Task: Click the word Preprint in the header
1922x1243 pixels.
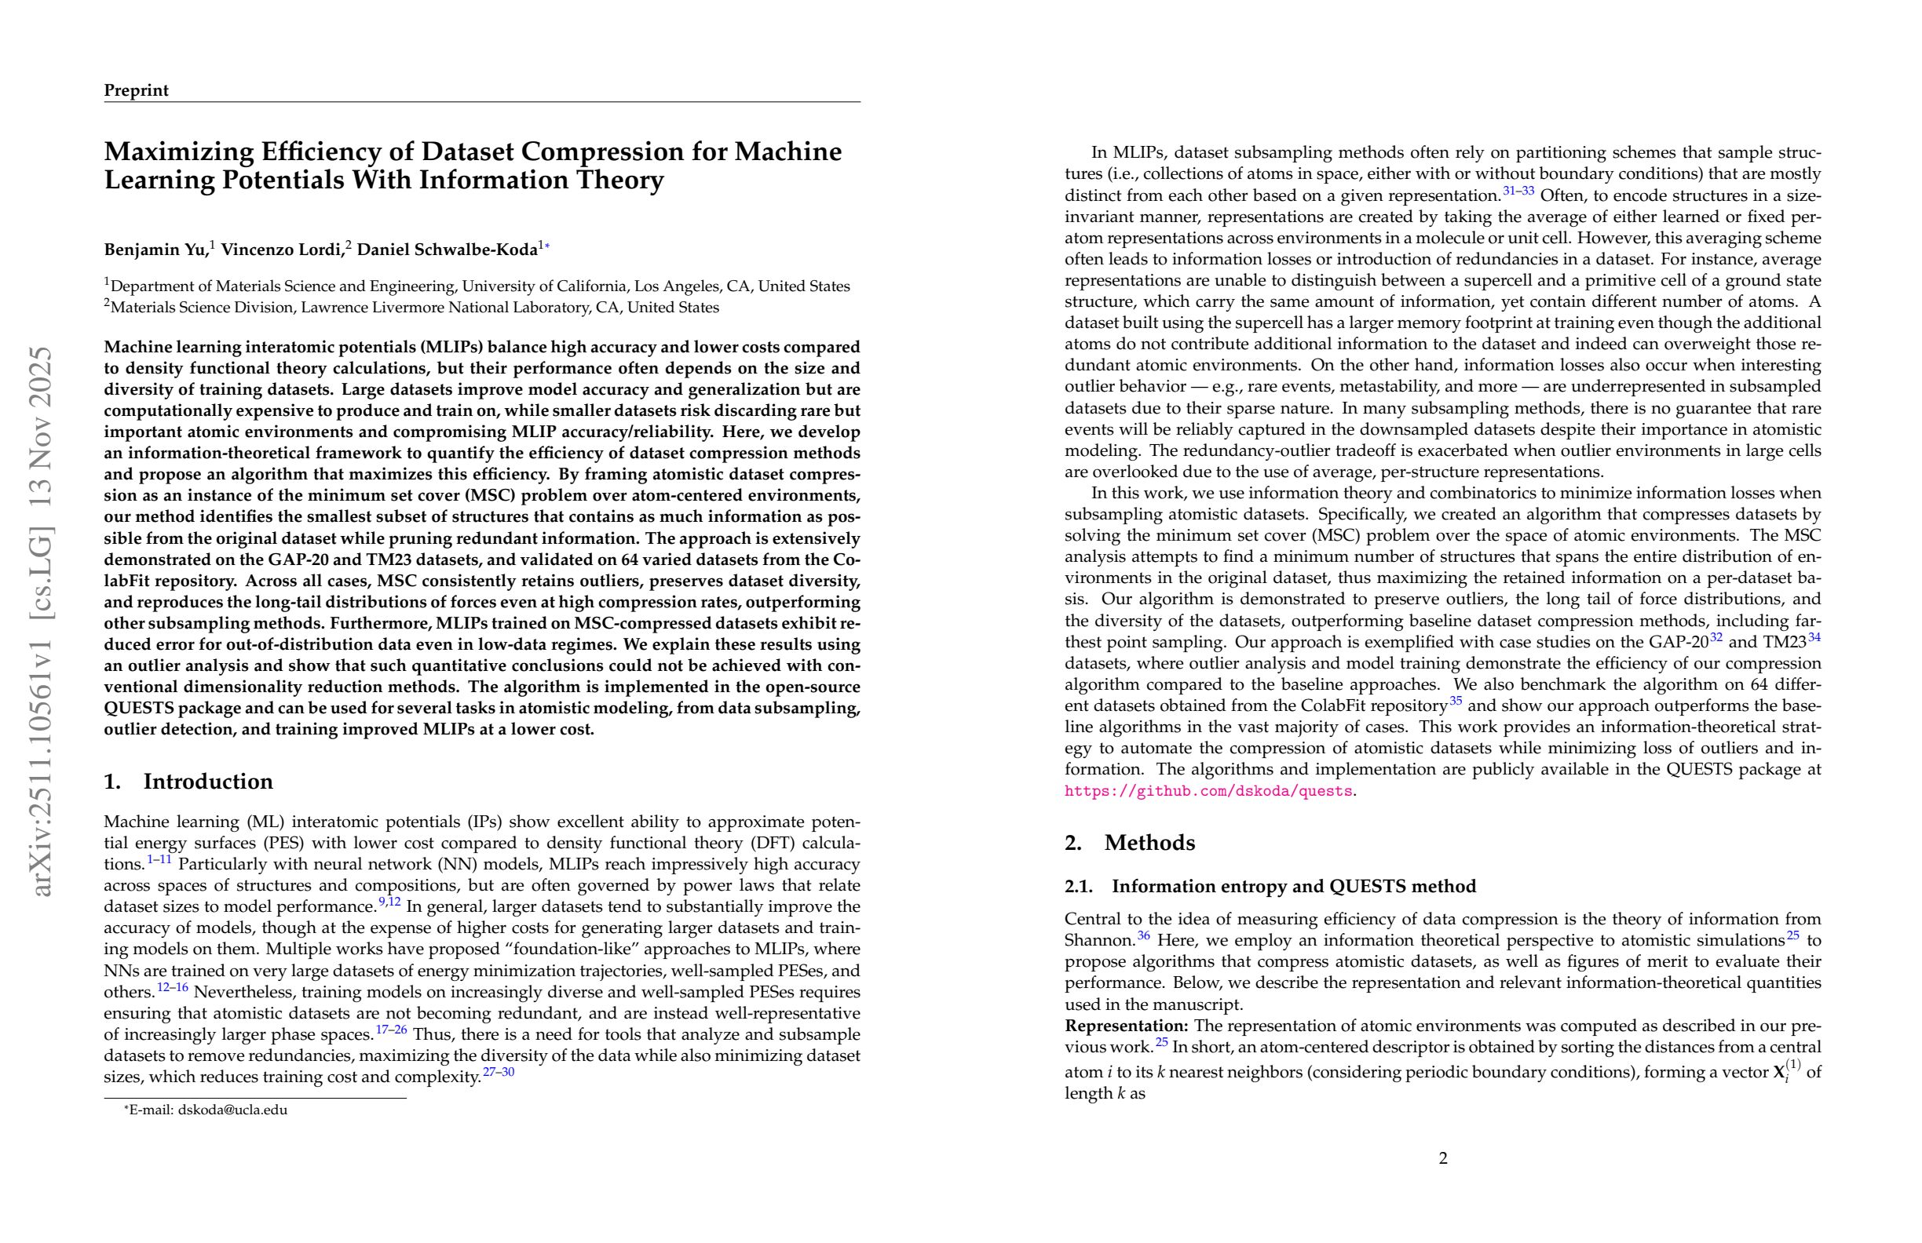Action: click(136, 90)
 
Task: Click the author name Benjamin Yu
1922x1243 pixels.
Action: click(155, 250)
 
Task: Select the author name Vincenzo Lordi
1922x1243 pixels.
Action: click(281, 250)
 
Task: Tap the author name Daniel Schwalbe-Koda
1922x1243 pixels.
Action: click(448, 250)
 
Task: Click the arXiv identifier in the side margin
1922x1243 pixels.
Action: click(40, 621)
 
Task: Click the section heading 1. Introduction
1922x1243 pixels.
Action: click(188, 782)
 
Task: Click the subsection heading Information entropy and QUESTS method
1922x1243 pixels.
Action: click(1293, 886)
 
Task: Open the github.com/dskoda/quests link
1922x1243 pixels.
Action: click(1208, 791)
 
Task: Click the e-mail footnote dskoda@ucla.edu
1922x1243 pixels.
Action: click(232, 1110)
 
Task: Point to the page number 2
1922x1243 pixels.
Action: click(1443, 1159)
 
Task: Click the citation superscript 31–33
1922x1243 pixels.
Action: click(1518, 191)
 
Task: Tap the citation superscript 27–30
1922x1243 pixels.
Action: click(499, 1073)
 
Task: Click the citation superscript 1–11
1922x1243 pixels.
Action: click(159, 859)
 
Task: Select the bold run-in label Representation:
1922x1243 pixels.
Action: click(1126, 1026)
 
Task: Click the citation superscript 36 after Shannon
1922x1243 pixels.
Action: click(1143, 936)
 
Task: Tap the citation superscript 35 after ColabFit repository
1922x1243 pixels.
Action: click(1455, 701)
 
